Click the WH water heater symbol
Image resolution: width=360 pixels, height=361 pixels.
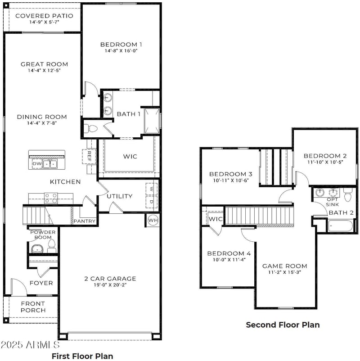pos(153,221)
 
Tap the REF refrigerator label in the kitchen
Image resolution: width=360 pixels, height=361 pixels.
pos(89,156)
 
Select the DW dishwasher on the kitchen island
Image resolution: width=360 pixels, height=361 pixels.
pos(36,164)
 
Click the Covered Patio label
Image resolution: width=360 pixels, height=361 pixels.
pos(44,16)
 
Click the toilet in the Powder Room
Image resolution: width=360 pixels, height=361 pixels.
pos(51,245)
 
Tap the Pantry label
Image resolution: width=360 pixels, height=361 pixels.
pos(84,221)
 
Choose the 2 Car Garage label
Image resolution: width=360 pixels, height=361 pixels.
pos(110,278)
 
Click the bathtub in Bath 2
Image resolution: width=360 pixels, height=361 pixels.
pos(342,226)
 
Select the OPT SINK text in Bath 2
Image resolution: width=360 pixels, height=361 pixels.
pos(333,202)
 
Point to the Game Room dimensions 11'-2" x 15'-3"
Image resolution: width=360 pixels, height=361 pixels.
pos(284,273)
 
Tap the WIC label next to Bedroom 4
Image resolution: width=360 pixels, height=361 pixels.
pos(216,219)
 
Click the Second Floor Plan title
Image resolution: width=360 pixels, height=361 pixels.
pos(283,325)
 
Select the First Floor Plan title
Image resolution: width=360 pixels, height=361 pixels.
pos(82,356)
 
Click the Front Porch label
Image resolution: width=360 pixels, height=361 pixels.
pos(33,307)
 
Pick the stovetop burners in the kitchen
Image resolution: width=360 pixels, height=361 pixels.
pos(51,198)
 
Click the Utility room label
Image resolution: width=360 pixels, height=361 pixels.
pos(119,196)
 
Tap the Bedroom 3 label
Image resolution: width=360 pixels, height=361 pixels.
pos(230,174)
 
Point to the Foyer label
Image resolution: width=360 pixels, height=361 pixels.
pos(41,283)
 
